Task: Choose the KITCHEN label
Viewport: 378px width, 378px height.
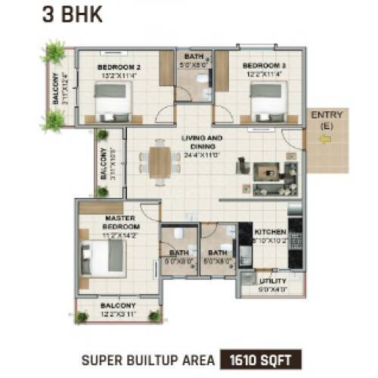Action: [270, 232]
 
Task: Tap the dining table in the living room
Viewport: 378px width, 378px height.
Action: [159, 161]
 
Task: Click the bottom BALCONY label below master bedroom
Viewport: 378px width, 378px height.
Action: [118, 306]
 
